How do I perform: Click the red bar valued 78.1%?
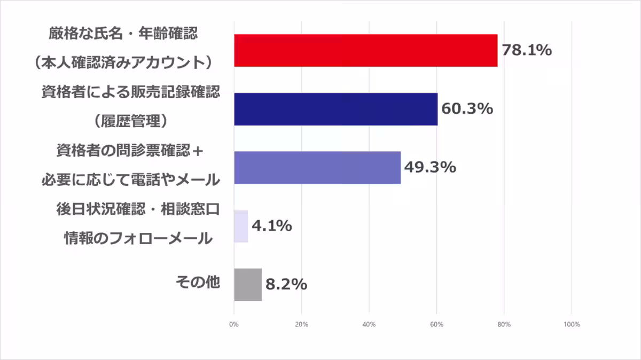point(365,51)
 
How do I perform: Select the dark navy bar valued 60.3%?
point(335,109)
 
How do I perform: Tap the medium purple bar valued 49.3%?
point(317,168)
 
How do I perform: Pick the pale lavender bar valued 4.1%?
point(241,226)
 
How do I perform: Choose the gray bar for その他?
point(248,285)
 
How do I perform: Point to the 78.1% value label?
point(526,51)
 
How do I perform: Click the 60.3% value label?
point(466,109)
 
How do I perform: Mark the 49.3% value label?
point(429,168)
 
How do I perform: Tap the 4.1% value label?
point(271,226)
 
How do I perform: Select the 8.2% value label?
point(286,285)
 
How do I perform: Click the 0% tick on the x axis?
point(234,324)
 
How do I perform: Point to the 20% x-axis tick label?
point(301,324)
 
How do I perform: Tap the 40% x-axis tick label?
point(369,324)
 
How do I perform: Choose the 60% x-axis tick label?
point(436,324)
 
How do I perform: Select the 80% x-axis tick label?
point(504,324)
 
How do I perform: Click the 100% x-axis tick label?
point(572,324)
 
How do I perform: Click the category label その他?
point(198,283)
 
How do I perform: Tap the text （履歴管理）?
point(131,122)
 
